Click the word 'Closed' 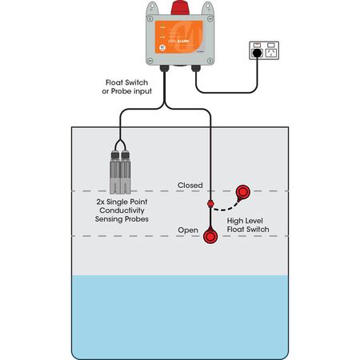pyautogui.click(x=190, y=185)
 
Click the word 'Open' pyautogui.click(x=188, y=230)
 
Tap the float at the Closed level pyautogui.click(x=242, y=192)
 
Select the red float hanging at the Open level pyautogui.click(x=211, y=238)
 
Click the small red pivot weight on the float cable pyautogui.click(x=210, y=206)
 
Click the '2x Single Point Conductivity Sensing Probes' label pyautogui.click(x=124, y=210)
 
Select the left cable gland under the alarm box pyautogui.click(x=164, y=70)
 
